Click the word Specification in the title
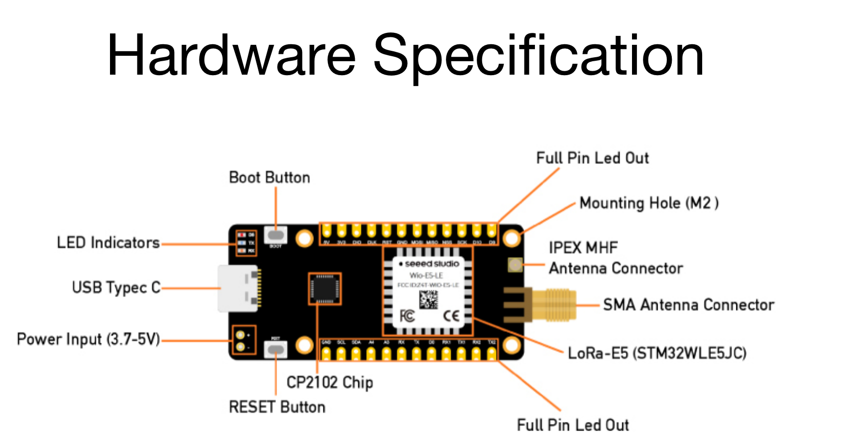coord(538,56)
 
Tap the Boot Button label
coord(269,178)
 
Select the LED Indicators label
coord(108,243)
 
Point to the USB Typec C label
coord(116,288)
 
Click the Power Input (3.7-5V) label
coord(89,339)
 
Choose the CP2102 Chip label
coord(329,382)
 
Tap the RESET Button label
coord(277,407)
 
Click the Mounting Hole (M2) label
coord(648,203)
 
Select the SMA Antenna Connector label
coord(688,305)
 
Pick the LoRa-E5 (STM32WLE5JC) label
coord(657,353)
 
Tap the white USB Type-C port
coord(238,289)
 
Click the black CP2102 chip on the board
coord(324,289)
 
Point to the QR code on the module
coord(428,300)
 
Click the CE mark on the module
coord(451,316)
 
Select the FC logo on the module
coord(407,316)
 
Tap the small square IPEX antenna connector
coord(515,265)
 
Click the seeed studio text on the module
coord(431,264)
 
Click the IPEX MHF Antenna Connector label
coord(615,258)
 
